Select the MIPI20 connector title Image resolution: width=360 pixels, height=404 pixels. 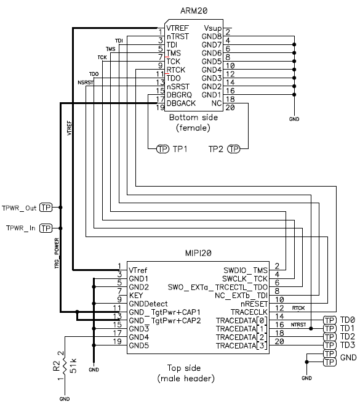coord(198,253)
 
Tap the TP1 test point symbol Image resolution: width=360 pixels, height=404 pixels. coord(162,149)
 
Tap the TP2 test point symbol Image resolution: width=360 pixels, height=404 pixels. coord(234,149)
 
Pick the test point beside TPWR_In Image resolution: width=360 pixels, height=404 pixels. coord(46,228)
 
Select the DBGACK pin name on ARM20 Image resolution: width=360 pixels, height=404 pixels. coord(181,103)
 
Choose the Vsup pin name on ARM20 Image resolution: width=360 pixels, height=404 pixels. coord(212,28)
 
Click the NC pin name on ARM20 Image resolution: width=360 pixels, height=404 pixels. coord(217,103)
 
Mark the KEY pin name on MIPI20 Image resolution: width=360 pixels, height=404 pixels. coord(137,296)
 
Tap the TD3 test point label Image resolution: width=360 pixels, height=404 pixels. coord(348,345)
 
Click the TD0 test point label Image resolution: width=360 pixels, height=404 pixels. coord(348,320)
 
